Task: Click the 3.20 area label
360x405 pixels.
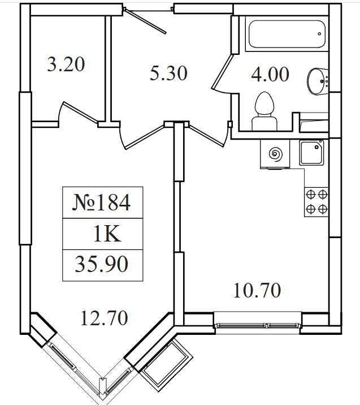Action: coord(66,64)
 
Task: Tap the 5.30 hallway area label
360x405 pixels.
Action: coord(168,73)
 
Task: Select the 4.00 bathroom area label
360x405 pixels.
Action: coord(270,74)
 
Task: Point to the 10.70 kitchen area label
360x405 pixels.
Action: coord(257,290)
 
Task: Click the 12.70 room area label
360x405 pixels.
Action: coord(104,318)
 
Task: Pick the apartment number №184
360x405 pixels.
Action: coord(102,202)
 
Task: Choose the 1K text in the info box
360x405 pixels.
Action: coord(107,234)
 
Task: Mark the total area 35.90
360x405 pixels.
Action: coord(102,264)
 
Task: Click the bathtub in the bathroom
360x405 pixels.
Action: coord(287,34)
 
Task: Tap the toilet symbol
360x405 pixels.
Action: coord(264,111)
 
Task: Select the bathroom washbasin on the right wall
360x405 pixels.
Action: coord(318,81)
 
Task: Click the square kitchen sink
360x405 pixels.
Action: coord(311,152)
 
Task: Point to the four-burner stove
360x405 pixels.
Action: coord(316,202)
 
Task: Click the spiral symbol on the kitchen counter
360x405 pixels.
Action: coord(275,154)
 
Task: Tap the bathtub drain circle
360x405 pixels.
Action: coord(319,34)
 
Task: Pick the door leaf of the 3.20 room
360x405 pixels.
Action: coord(80,111)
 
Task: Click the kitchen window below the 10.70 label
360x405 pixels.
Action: coord(258,325)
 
